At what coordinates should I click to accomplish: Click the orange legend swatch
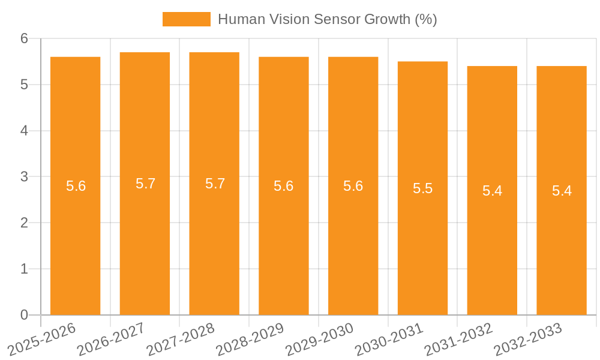(x=186, y=19)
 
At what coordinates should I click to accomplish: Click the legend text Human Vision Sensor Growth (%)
(x=327, y=19)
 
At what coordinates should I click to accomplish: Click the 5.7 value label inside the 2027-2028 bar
(x=215, y=184)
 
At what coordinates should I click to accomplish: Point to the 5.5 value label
(x=422, y=188)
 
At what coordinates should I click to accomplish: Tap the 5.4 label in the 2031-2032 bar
(x=492, y=191)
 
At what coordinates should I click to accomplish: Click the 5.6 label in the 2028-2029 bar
(x=284, y=186)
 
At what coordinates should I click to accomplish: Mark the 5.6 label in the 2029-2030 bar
(x=353, y=186)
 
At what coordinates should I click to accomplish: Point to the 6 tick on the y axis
(x=25, y=38)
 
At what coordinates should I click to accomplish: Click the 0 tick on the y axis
(x=25, y=315)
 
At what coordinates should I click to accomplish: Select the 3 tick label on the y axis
(x=25, y=177)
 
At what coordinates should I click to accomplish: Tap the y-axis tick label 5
(x=25, y=85)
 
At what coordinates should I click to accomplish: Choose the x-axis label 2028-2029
(x=250, y=338)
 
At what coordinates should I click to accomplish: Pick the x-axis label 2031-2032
(x=458, y=338)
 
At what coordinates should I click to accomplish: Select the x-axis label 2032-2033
(x=528, y=338)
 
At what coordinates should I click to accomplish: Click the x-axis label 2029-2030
(x=320, y=338)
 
